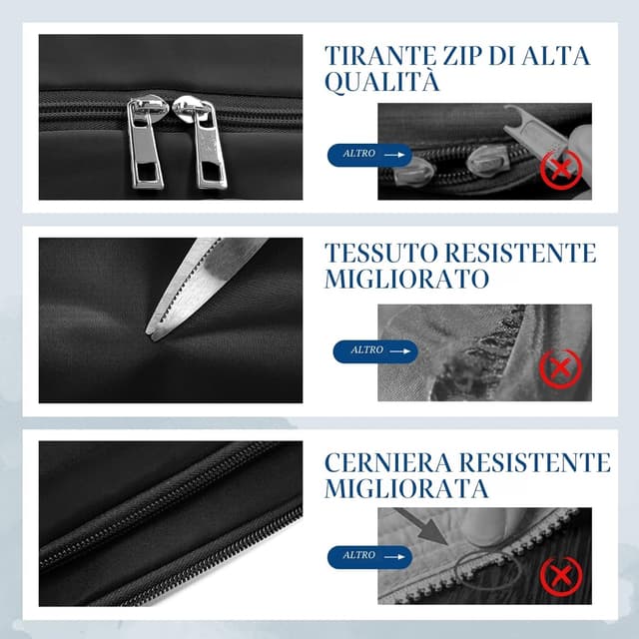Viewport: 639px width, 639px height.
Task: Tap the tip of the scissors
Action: [148, 332]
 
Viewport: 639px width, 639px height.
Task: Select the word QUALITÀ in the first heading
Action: [382, 82]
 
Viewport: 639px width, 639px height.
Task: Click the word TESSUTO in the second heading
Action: [380, 253]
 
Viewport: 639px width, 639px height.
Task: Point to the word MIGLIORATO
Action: [406, 280]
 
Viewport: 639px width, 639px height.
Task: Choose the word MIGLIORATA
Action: [406, 488]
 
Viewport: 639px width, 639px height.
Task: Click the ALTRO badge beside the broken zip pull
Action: [369, 155]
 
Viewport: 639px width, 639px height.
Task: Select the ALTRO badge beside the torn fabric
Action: [375, 351]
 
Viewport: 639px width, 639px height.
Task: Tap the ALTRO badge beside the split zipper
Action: [369, 557]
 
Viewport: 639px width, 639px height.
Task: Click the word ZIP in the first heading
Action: [460, 56]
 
